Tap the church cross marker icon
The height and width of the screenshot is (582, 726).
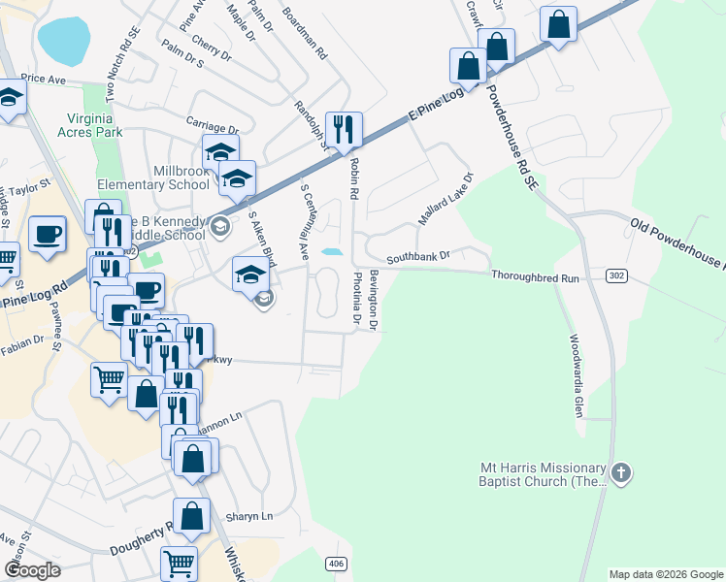[621, 473]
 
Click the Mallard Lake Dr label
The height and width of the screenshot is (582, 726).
[445, 200]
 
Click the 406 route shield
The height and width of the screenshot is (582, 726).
[336, 564]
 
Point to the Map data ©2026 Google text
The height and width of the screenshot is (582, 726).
[665, 574]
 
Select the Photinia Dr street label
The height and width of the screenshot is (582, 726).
[356, 297]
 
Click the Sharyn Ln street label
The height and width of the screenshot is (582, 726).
[249, 517]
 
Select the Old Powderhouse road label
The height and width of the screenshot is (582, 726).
[677, 245]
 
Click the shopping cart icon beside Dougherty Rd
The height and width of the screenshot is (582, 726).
[179, 562]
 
